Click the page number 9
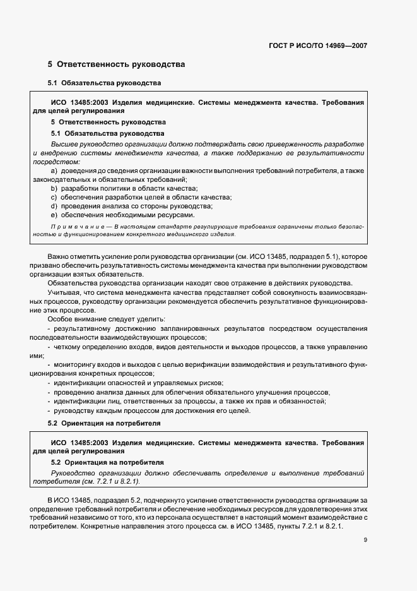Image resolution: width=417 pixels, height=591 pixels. [x=365, y=540]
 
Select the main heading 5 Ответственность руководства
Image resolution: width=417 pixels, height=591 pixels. [x=116, y=64]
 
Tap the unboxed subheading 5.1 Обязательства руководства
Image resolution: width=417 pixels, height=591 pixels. [x=105, y=83]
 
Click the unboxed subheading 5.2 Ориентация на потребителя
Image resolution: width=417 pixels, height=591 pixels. [x=105, y=422]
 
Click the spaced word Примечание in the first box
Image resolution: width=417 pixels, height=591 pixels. [x=73, y=226]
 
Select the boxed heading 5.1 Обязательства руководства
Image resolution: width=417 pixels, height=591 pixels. [x=107, y=133]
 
